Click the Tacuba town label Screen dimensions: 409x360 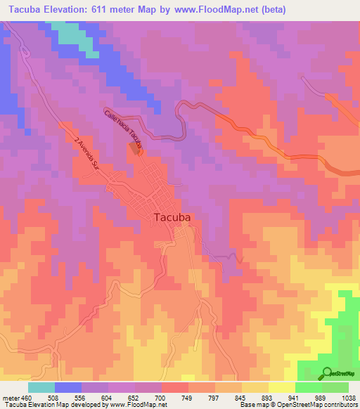coord(172,218)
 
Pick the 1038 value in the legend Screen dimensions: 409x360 coord(349,398)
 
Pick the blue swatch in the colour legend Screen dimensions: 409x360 coord(68,387)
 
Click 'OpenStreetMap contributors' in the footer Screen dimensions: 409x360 coord(319,405)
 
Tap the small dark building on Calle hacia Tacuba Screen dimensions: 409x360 coord(134,148)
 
